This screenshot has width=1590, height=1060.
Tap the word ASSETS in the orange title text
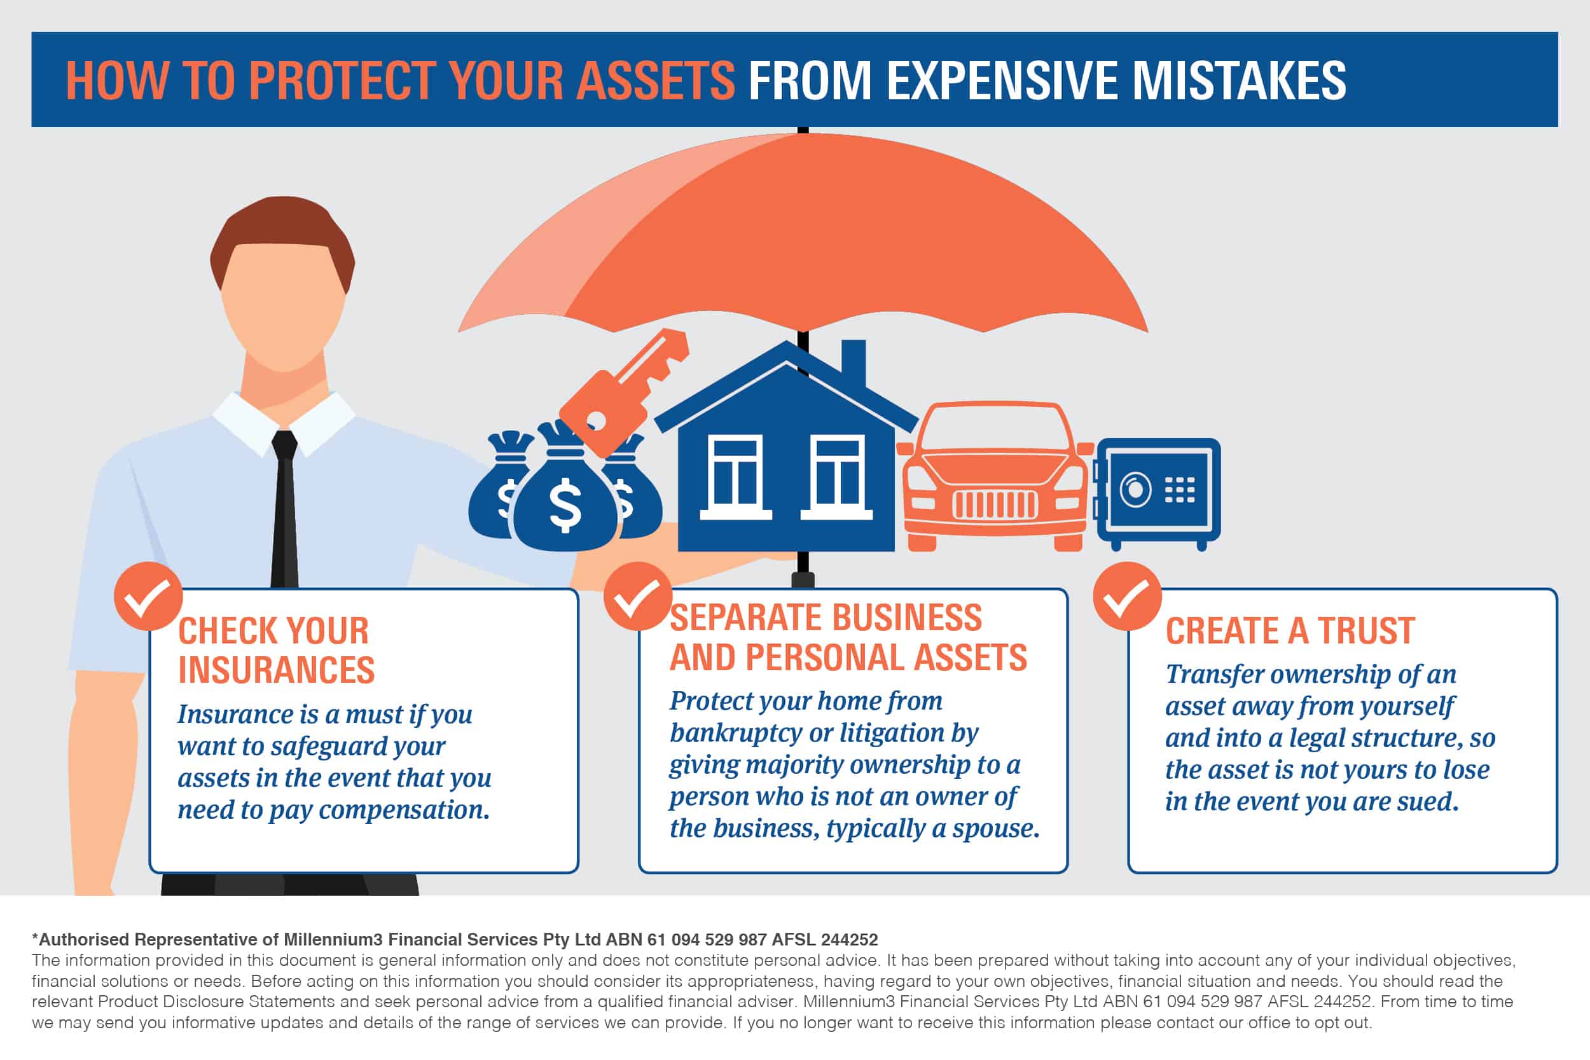tap(655, 81)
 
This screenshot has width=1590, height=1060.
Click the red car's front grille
tap(995, 504)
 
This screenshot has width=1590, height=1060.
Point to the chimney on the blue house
tap(853, 365)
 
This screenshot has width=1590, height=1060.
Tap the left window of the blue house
tap(735, 478)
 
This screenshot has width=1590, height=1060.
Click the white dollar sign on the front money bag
tap(565, 504)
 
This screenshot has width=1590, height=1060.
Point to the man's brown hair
tap(282, 237)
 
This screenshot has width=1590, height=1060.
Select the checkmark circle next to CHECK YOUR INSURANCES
tap(148, 596)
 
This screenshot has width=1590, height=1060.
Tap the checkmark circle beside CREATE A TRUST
tap(1127, 596)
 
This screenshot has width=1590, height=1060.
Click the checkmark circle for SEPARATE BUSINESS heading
tap(637, 596)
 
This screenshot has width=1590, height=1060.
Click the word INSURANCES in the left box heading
tap(276, 670)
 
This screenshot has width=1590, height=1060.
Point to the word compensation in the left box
tap(404, 810)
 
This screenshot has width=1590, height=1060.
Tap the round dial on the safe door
tap(1136, 489)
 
